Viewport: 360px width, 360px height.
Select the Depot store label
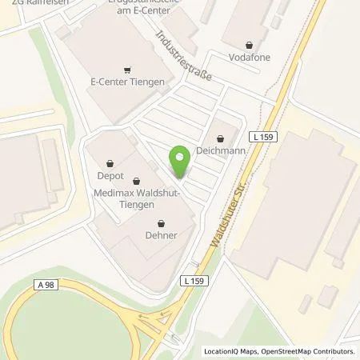coord(110,175)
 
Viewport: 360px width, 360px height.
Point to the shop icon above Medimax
coord(136,182)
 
